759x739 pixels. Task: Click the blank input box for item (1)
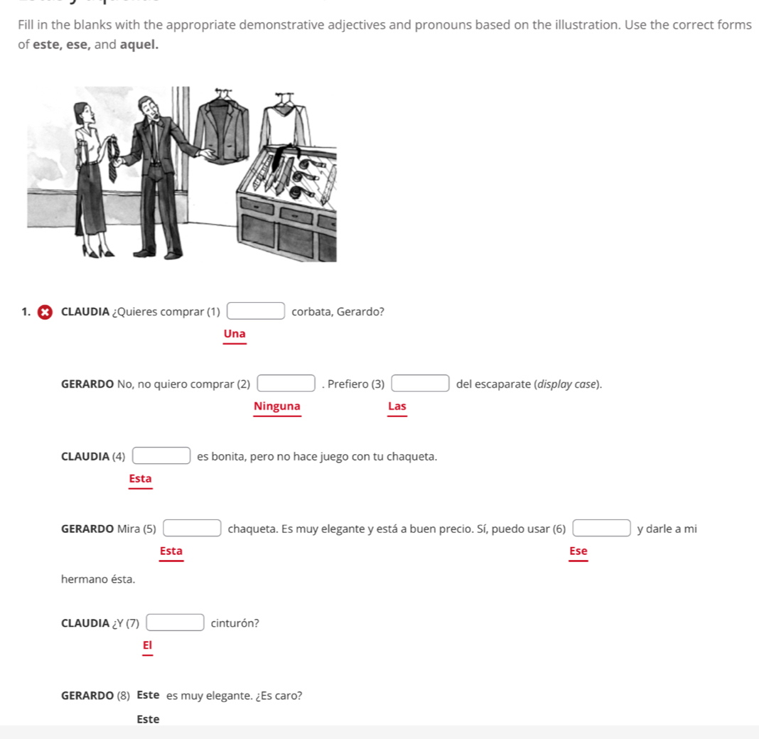tap(256, 311)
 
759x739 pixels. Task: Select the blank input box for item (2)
tap(286, 384)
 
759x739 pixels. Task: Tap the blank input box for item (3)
tap(421, 384)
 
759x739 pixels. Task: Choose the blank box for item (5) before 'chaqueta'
tap(192, 529)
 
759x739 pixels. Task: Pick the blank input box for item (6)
tap(601, 529)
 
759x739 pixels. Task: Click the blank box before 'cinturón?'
tap(176, 623)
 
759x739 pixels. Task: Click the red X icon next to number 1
tap(45, 312)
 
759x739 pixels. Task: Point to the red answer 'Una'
tap(235, 334)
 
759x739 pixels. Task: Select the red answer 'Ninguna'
tap(277, 406)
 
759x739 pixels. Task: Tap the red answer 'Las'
tap(397, 406)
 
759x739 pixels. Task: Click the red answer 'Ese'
tap(578, 551)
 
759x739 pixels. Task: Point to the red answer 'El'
tap(147, 645)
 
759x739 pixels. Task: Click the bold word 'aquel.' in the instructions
tap(139, 44)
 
